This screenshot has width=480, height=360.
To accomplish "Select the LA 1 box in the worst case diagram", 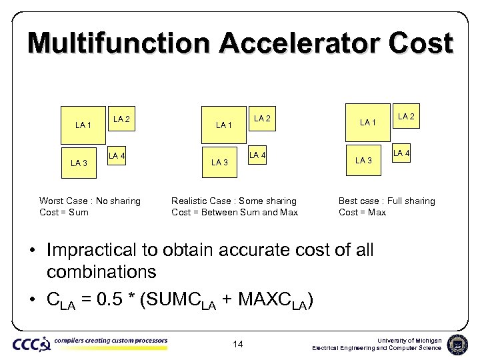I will tap(83, 125).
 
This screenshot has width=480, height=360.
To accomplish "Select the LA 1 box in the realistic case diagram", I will tap(224, 125).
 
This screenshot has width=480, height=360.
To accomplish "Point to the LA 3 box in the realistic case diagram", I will tap(219, 162).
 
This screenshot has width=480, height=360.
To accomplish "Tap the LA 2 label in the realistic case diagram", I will tap(262, 119).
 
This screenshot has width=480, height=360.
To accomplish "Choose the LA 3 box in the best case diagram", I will tap(364, 160).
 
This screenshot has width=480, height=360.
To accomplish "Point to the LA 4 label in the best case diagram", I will tap(401, 154).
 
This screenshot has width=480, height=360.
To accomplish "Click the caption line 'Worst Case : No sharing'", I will tap(90, 201).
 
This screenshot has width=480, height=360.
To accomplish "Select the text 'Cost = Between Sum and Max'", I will tap(235, 212).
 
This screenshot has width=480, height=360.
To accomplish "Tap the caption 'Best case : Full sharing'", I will tap(387, 201).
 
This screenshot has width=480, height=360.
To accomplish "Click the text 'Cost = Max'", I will tap(362, 212).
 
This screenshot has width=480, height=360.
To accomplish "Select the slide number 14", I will tap(239, 344).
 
